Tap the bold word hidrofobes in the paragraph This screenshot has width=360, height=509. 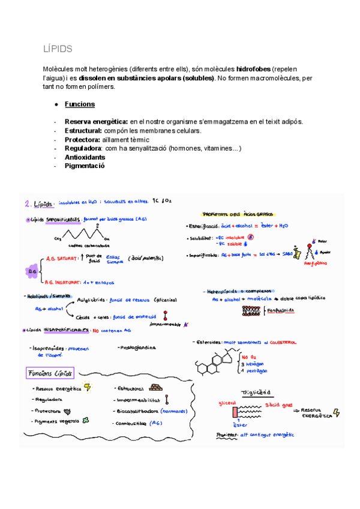pos(256,70)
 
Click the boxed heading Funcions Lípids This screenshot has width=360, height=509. pos(50,373)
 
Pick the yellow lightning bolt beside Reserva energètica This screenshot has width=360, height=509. pos(88,387)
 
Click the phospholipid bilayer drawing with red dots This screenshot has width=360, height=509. pos(253,310)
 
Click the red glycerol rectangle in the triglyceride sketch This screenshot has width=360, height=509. pos(234,412)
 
